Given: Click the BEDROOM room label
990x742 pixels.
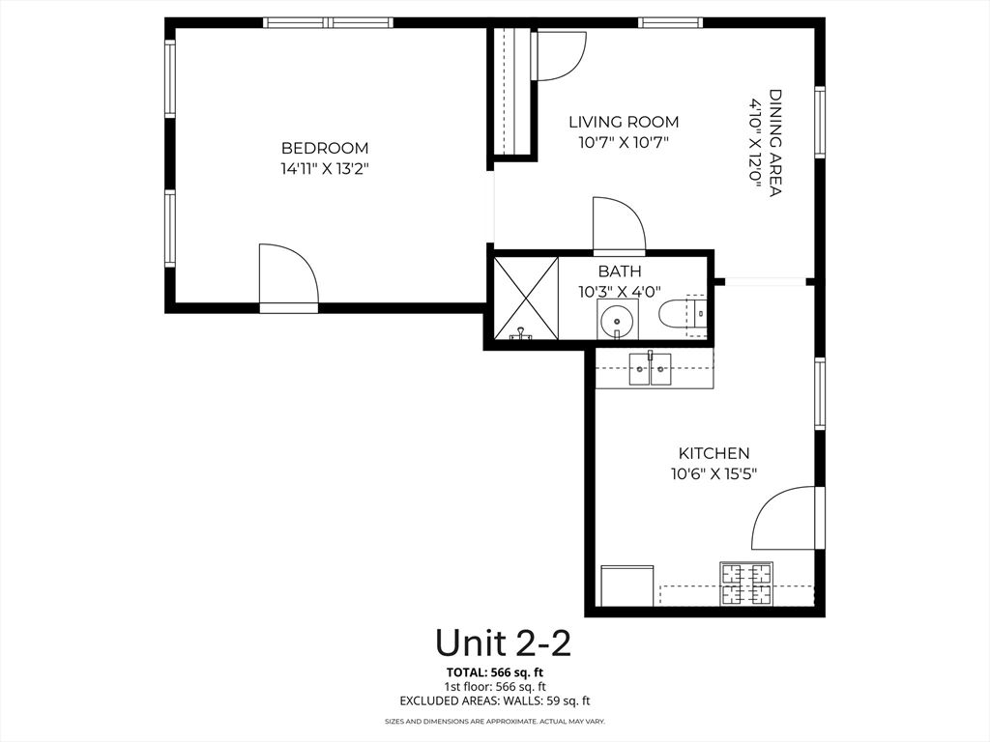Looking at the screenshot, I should tap(325, 148).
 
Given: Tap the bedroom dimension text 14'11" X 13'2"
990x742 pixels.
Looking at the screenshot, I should tap(325, 168).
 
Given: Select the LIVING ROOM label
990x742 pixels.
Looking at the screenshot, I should tap(624, 122).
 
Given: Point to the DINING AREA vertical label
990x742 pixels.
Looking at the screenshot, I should tap(775, 143).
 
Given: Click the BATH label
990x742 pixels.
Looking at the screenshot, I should tap(619, 271).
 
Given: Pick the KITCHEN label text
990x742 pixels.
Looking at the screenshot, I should tap(713, 453).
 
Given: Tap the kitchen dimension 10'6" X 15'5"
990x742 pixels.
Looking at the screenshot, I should tap(713, 473).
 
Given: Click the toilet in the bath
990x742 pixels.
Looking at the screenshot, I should tap(683, 313).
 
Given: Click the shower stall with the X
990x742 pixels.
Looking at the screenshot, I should tap(525, 298).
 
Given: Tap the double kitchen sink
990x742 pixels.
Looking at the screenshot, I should tap(651, 369).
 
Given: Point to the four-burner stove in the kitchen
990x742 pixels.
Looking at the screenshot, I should tap(746, 584).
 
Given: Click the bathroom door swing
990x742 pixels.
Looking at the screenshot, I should tap(618, 224).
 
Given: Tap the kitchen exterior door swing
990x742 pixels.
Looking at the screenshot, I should tap(786, 518).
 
